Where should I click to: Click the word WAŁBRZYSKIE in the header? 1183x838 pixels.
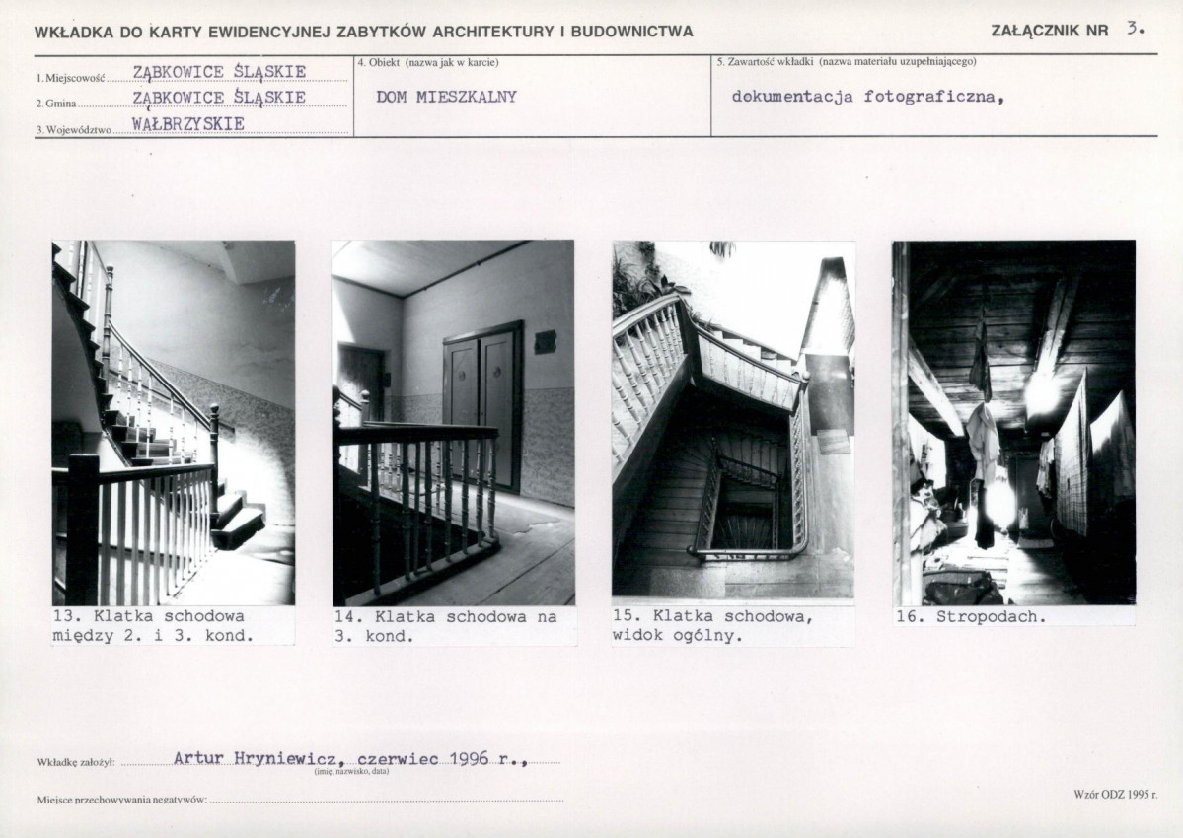pyautogui.click(x=187, y=123)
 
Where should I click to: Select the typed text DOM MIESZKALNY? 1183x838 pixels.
pyautogui.click(x=446, y=97)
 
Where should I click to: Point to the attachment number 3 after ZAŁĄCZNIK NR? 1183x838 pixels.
pyautogui.click(x=1134, y=30)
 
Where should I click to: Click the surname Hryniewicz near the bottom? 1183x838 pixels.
pyautogui.click(x=284, y=758)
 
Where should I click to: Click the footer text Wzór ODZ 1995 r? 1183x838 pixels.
pyautogui.click(x=1115, y=795)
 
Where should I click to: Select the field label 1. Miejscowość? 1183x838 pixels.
pyautogui.click(x=72, y=78)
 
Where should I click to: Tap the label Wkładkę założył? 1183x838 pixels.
pyautogui.click(x=75, y=763)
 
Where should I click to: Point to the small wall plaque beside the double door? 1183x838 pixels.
pyautogui.click(x=545, y=343)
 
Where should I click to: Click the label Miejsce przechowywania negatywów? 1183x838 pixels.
pyautogui.click(x=122, y=799)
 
